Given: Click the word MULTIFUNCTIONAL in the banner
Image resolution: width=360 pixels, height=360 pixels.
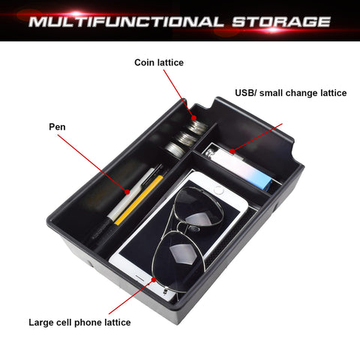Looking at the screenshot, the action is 126,22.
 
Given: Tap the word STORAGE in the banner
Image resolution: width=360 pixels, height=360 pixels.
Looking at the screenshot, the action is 281,22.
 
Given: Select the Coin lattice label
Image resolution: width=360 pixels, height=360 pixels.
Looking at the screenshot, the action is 159,62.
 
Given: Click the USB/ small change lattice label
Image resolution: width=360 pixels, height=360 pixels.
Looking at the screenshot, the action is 291,93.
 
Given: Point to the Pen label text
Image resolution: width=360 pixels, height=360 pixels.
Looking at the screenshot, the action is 57,127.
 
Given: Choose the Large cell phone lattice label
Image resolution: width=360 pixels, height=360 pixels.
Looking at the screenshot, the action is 79,322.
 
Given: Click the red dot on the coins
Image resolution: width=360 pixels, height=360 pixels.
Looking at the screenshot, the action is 194,118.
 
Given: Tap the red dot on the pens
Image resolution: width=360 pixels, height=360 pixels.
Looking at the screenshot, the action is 127,192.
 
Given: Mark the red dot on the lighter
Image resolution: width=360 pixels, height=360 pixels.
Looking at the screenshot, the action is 232,151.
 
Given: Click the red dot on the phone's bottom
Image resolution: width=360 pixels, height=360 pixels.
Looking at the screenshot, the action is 154,280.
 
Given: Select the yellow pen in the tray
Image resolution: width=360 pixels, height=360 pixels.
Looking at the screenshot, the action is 138,200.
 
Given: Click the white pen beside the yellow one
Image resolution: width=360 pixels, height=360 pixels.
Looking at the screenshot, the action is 130,193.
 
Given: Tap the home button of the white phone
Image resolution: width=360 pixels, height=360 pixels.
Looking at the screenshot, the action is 218,190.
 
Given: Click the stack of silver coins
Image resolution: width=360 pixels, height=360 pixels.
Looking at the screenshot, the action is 186,137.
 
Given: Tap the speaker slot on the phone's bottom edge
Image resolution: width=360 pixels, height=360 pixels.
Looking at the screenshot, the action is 140,278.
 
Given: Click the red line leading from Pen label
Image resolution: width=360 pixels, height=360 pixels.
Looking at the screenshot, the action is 92,163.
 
